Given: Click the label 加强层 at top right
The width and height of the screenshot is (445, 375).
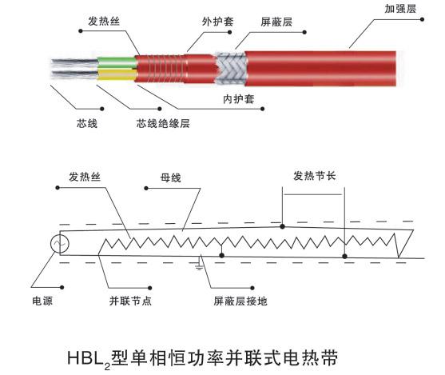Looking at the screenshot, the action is click(400, 9).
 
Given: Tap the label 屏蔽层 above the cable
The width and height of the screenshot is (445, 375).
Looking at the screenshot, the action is click(276, 22).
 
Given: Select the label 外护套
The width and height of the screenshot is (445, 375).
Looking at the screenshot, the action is click(218, 22).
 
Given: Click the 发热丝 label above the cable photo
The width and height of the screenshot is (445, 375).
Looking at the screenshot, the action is click(104, 21).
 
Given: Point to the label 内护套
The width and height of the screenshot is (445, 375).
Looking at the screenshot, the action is click(238, 99).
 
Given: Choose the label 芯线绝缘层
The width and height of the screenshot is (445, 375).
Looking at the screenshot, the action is click(163, 123).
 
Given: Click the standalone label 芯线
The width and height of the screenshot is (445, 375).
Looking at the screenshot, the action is click(87, 123).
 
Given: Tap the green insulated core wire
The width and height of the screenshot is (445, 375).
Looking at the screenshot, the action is click(117, 62).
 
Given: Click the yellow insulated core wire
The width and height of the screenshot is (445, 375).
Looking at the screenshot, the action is click(117, 74).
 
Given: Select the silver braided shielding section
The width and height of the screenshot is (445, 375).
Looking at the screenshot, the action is click(230, 69).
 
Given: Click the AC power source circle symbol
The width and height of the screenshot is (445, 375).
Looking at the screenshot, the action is click(60, 243).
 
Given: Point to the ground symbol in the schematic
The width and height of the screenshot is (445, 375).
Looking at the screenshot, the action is click(199, 265).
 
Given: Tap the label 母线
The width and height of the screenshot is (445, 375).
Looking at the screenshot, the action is click(170, 178).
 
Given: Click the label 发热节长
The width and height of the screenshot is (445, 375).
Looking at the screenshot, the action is click(315, 176).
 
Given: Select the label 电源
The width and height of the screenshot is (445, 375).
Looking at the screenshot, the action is click(42, 301).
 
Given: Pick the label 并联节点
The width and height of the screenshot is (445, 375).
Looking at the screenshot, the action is click(130, 301).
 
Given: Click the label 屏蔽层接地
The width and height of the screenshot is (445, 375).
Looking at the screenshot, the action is click(240, 301).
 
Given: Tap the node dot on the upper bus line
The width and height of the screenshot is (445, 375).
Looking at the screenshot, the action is click(282, 226).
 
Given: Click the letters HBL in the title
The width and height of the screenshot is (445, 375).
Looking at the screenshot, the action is click(85, 357).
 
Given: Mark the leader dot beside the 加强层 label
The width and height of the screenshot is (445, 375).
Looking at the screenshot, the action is click(422, 19).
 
